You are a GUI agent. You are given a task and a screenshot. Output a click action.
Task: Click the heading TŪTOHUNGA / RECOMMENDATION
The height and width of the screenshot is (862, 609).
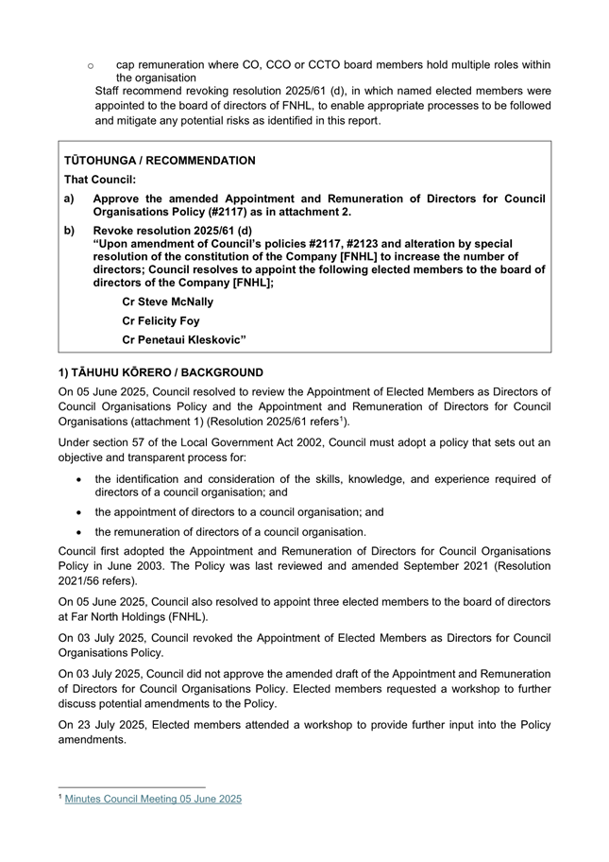coord(160,161)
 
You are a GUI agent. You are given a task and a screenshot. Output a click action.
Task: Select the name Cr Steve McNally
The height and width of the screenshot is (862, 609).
coord(168,302)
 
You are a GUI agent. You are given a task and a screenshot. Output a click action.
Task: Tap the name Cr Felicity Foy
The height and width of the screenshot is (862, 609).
coord(162,320)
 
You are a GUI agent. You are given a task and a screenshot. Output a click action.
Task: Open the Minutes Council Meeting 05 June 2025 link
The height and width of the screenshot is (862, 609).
coord(153,799)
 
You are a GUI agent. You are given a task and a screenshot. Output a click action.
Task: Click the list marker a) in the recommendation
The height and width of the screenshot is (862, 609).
coord(70,198)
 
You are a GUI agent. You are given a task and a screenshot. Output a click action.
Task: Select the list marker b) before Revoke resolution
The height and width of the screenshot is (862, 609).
coord(70,231)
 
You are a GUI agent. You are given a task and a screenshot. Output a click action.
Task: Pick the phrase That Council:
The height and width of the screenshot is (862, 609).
coord(100,180)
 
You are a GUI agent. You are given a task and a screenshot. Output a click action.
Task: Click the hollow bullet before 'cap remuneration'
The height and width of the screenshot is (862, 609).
coord(90,65)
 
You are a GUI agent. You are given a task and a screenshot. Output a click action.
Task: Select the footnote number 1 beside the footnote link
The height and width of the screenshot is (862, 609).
coord(60,797)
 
